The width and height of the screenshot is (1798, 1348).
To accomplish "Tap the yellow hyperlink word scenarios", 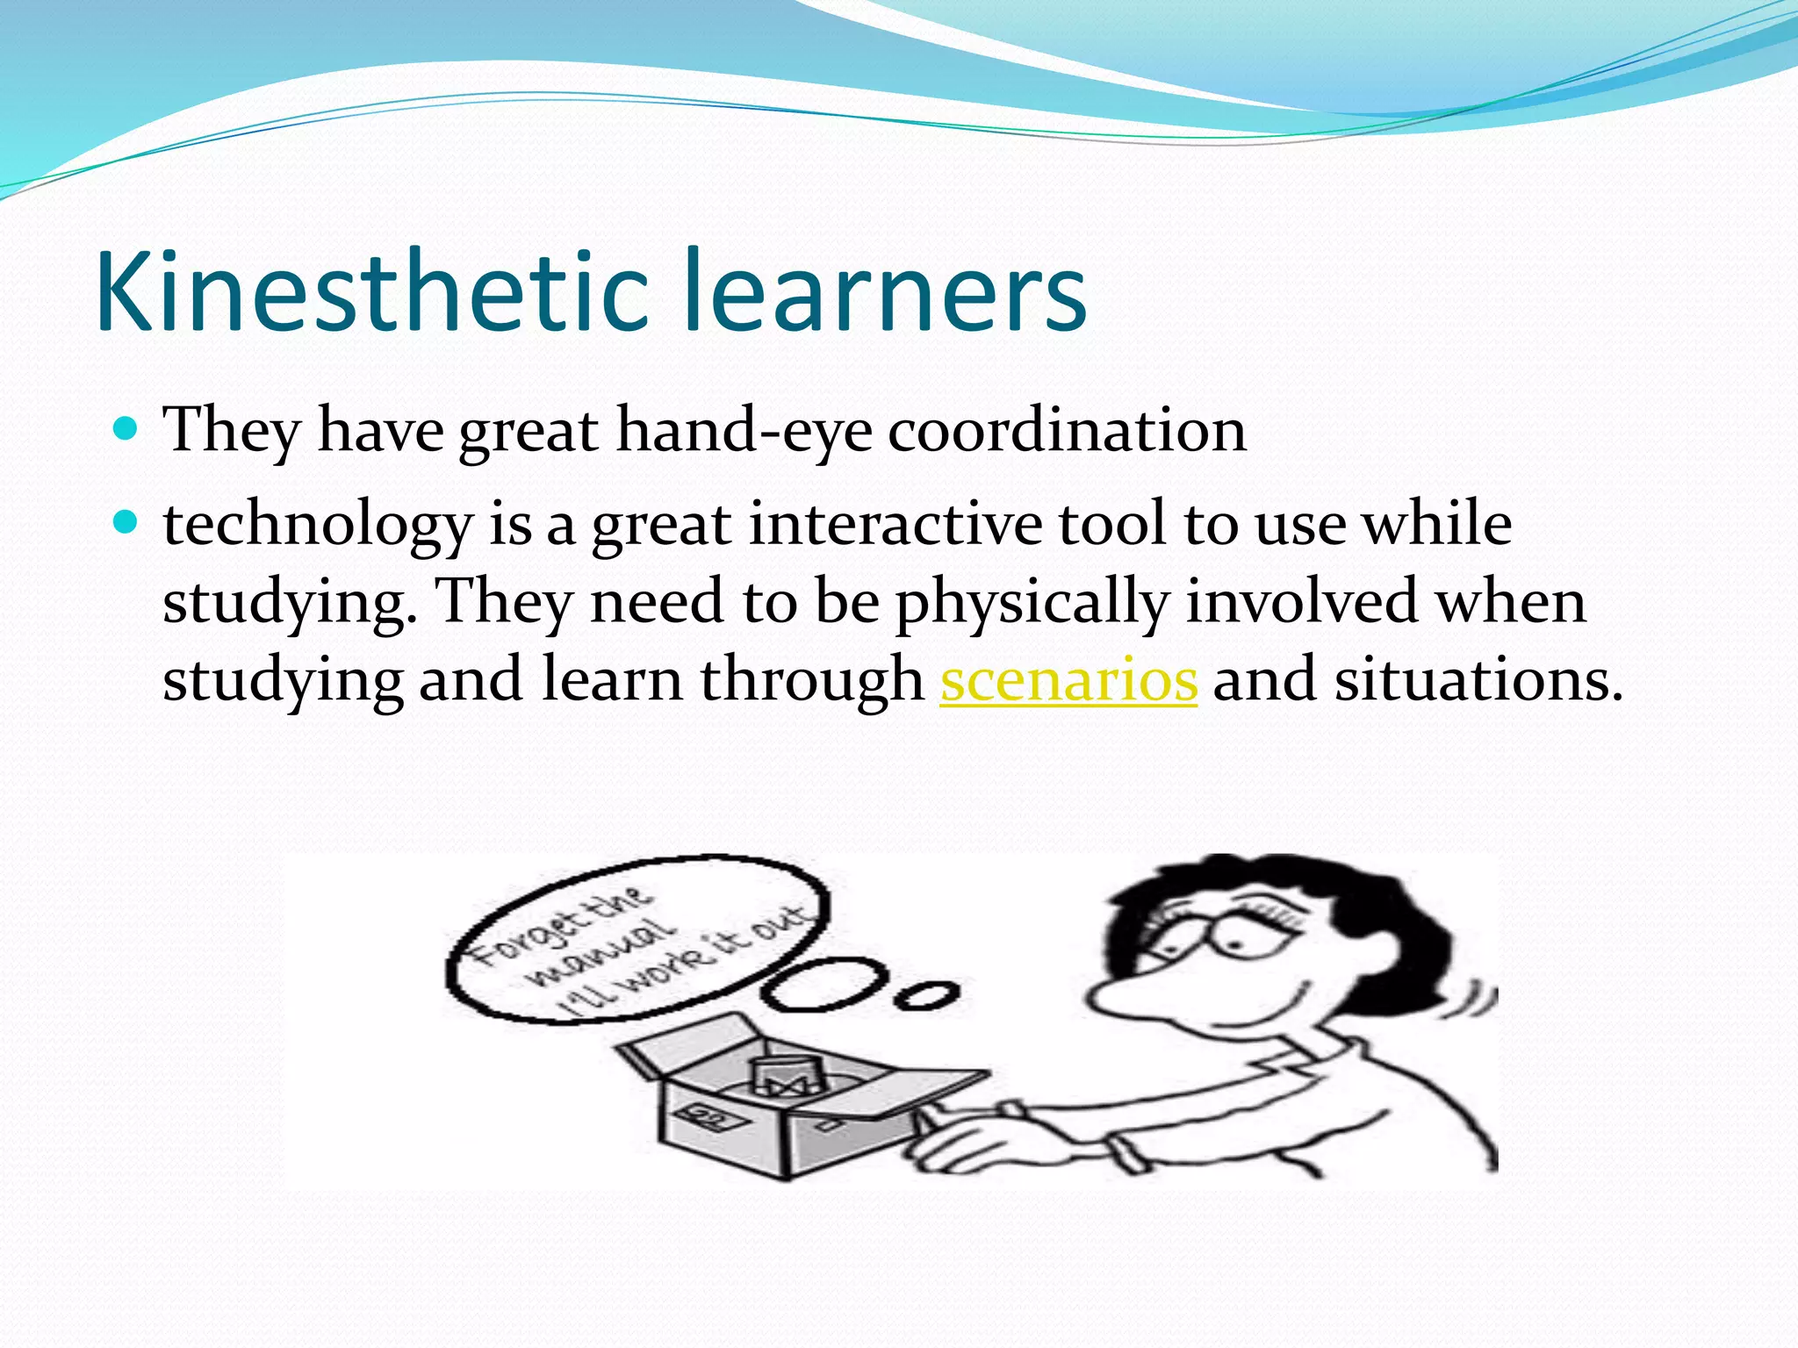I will click(1068, 680).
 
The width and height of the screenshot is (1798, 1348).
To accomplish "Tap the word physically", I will click(1032, 604).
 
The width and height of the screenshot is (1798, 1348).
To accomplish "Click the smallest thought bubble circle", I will click(925, 996).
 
